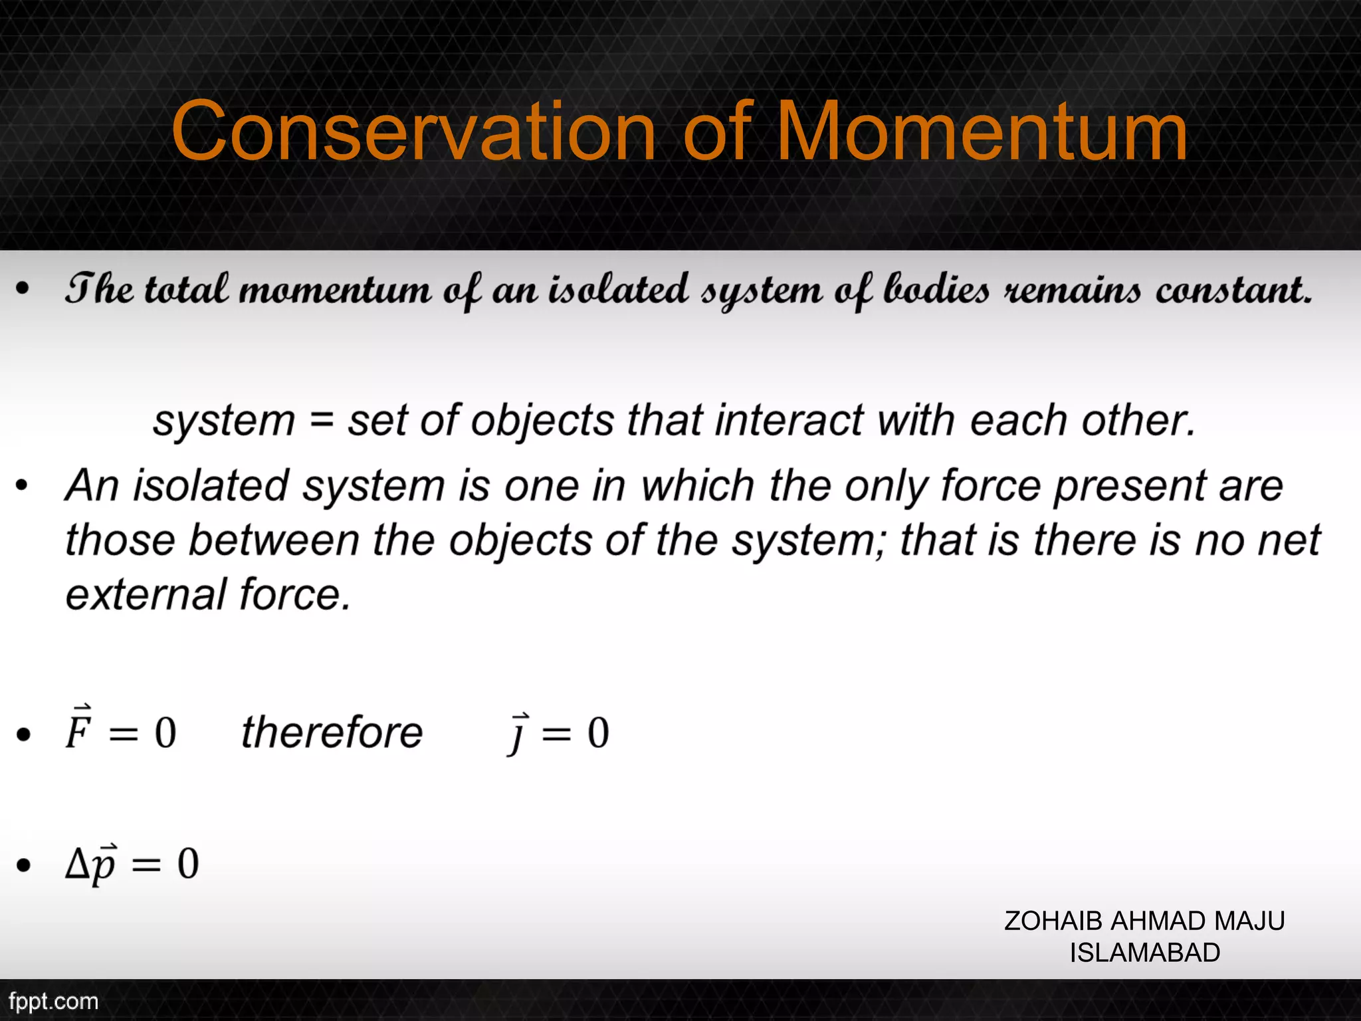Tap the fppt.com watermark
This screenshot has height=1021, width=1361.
click(53, 1001)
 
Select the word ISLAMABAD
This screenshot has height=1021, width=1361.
click(1144, 953)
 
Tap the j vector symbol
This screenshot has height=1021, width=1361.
click(518, 733)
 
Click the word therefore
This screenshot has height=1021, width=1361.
click(332, 733)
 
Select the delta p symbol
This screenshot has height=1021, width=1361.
click(91, 864)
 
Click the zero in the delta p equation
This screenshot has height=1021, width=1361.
click(188, 864)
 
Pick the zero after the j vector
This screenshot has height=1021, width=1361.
click(598, 733)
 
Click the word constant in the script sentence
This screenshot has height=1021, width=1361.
click(1233, 290)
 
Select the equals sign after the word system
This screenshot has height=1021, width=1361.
click(321, 421)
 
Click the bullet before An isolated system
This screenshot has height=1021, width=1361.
click(23, 486)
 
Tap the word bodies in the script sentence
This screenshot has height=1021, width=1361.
click(936, 290)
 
